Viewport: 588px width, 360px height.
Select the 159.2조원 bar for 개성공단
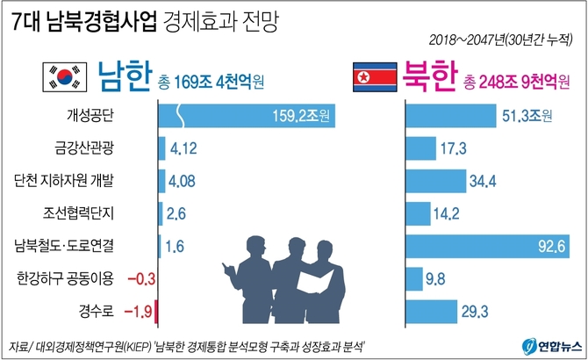pyautogui.click(x=246, y=115)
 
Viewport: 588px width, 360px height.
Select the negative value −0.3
pyautogui.click(x=140, y=279)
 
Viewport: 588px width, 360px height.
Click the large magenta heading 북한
pyautogui.click(x=429, y=79)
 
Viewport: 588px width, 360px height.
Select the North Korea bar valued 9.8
pyautogui.click(x=415, y=279)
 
